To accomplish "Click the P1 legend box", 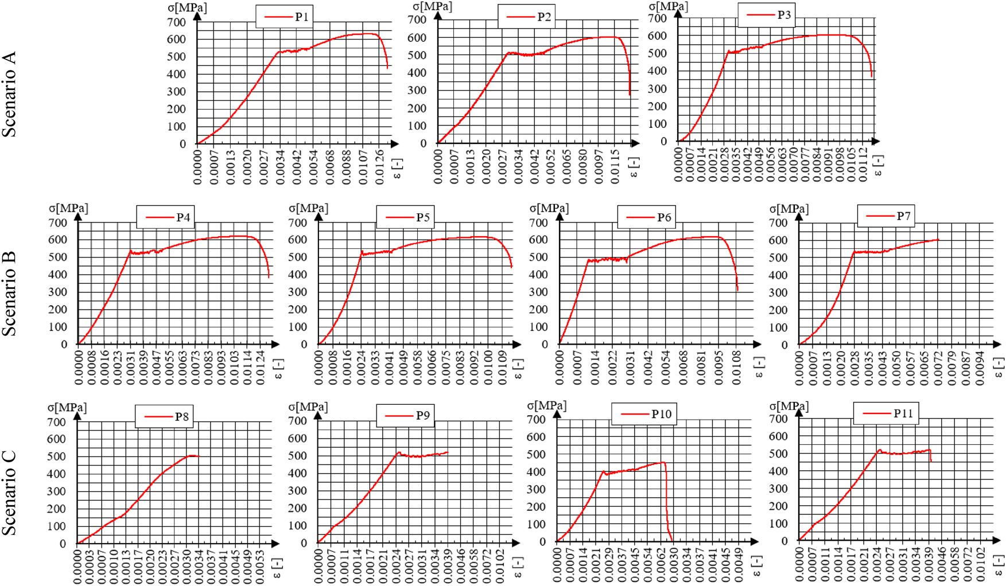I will [x=284, y=17].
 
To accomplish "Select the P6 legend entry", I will [x=646, y=217].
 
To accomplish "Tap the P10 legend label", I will [x=644, y=414].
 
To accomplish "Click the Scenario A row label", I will [x=9, y=95].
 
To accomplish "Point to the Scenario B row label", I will [x=9, y=294].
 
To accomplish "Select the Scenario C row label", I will [x=9, y=493].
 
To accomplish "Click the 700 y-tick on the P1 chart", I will [x=177, y=22].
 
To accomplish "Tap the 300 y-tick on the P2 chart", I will [x=417, y=91].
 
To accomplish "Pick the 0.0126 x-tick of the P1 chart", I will [x=379, y=167].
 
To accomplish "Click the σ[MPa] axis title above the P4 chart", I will [x=68, y=208].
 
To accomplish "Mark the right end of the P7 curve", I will [x=939, y=239].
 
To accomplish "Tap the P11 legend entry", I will [x=886, y=413].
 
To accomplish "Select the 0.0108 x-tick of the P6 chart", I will [x=737, y=368].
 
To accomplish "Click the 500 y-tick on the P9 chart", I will [x=297, y=456].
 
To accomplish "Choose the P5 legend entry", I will [x=405, y=217].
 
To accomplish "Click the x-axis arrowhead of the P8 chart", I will [x=275, y=543].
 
